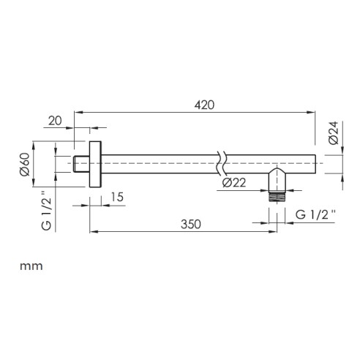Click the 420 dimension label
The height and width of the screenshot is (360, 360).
coord(204,105)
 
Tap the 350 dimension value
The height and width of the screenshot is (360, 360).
coord(191,224)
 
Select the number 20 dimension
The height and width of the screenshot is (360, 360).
coord(55,121)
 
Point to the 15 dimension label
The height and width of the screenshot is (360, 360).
coord(117,197)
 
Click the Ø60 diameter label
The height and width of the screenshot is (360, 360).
coord(25,164)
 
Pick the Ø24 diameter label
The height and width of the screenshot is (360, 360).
coord(334,133)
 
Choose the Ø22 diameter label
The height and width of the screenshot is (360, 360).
coord(234,182)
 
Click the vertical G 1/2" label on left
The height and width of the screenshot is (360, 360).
coord(46,211)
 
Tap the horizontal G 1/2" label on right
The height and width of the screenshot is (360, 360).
coord(315,214)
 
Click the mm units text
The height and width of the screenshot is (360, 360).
coord(31,266)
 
